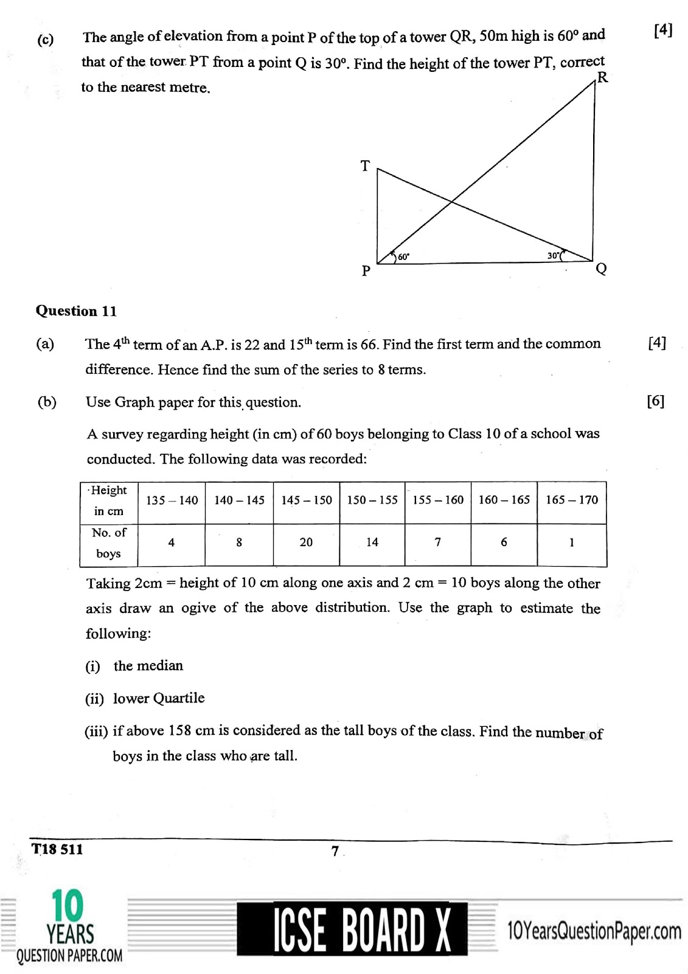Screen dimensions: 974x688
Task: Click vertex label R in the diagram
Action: (x=602, y=78)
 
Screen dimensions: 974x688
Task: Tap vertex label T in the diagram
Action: (x=365, y=166)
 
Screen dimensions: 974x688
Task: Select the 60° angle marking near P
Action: (x=403, y=257)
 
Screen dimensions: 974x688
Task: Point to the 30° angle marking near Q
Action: (x=553, y=256)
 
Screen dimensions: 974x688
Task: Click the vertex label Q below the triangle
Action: (x=601, y=268)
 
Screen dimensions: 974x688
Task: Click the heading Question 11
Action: (x=76, y=311)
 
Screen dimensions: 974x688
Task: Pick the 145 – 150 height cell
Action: (x=307, y=500)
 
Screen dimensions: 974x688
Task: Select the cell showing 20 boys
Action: (x=306, y=542)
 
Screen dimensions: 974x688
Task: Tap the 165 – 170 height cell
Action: (x=571, y=500)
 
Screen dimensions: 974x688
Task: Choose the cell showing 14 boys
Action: (x=372, y=542)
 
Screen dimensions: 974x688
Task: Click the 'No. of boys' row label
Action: (x=109, y=543)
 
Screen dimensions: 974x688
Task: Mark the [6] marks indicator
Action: (x=656, y=401)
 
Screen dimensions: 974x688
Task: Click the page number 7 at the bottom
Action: (x=335, y=852)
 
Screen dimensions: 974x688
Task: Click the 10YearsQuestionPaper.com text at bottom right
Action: (x=594, y=931)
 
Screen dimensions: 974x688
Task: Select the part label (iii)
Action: (x=96, y=731)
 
